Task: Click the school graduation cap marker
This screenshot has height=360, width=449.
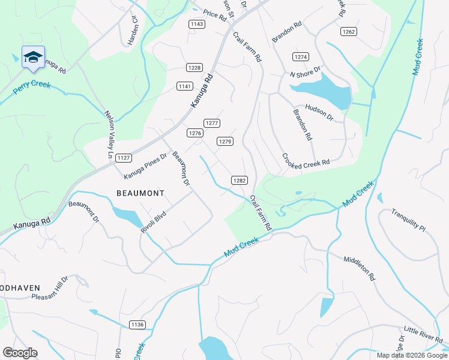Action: [x=33, y=57]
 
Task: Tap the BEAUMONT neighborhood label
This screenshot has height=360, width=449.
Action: [x=139, y=193]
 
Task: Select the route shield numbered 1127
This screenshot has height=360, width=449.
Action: [x=124, y=158]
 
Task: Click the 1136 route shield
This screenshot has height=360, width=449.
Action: [x=137, y=325]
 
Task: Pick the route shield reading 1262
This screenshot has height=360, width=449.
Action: [x=349, y=31]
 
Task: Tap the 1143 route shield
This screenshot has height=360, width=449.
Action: [x=196, y=24]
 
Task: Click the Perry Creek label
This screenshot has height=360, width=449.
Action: [x=32, y=86]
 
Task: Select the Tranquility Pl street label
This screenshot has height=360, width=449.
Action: [x=408, y=220]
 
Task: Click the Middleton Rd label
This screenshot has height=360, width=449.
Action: [x=359, y=269]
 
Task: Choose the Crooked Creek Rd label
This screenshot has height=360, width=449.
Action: [x=306, y=160]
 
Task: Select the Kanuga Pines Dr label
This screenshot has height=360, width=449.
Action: [x=145, y=166]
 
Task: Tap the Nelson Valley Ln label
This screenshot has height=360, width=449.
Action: [x=109, y=134]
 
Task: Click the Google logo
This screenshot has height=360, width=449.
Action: [x=20, y=353]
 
